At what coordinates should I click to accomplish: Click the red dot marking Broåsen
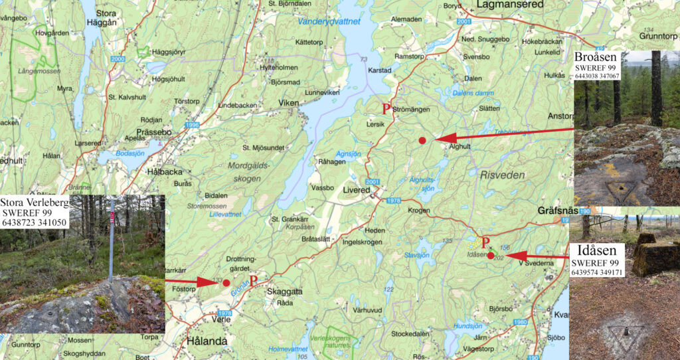point(422,140)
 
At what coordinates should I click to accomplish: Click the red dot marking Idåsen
point(491,255)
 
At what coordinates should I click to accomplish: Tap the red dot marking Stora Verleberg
point(226,283)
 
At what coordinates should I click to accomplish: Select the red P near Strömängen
point(386,109)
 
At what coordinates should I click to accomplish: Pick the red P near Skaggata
point(253,281)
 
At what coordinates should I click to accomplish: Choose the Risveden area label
point(501,175)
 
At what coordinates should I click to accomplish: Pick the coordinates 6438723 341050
point(35,223)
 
